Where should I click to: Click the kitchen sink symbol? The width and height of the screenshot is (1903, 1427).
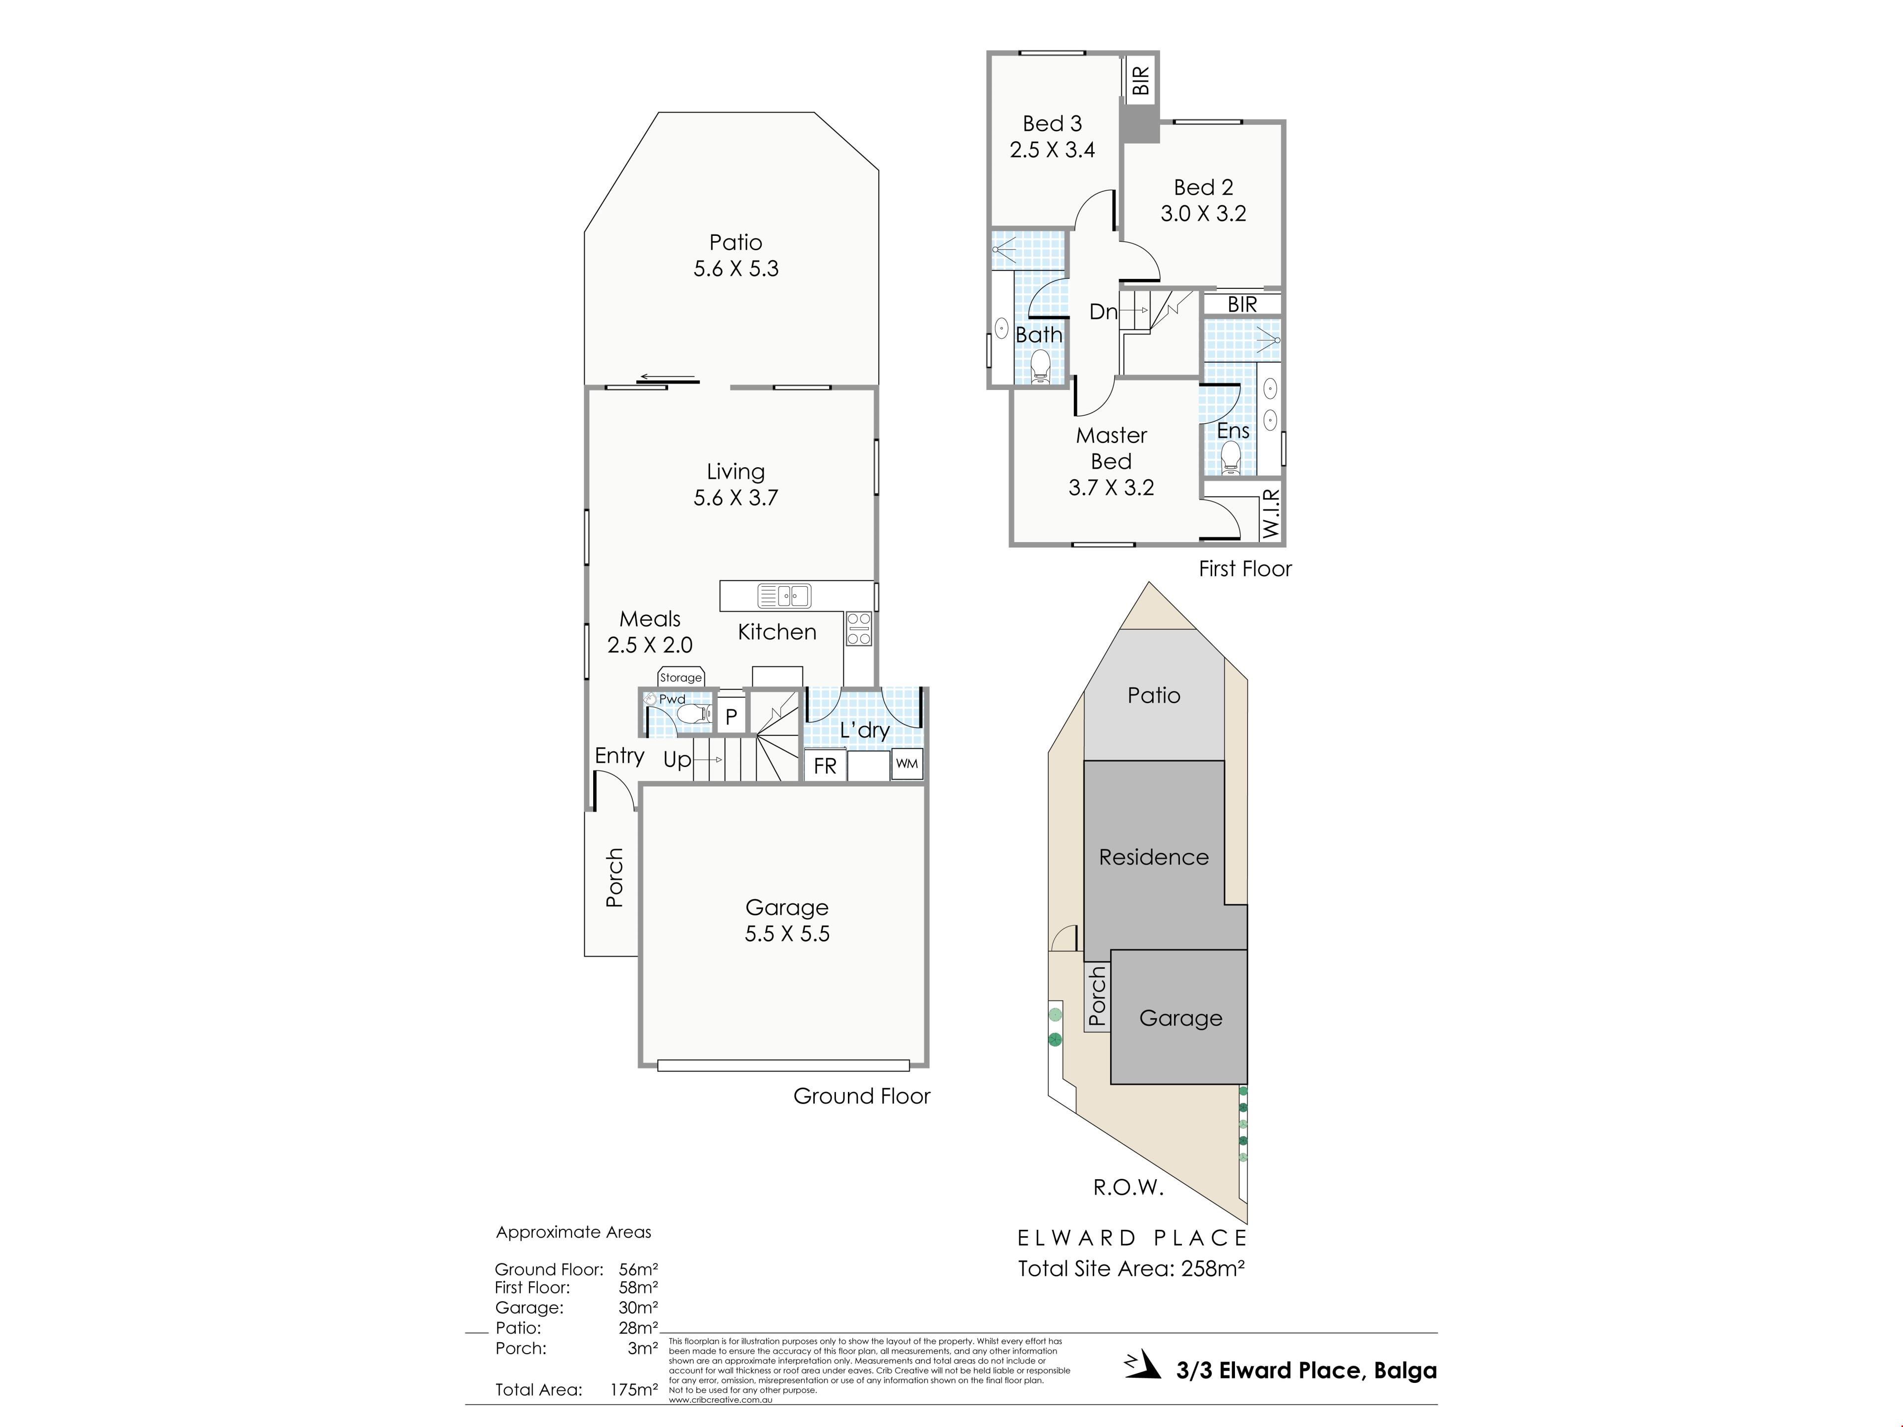[x=784, y=595]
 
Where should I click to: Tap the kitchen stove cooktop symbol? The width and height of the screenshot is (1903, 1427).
[x=859, y=628]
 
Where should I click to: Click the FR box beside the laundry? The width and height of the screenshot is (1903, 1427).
[x=825, y=765]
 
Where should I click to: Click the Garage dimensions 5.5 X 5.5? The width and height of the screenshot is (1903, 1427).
[x=787, y=934]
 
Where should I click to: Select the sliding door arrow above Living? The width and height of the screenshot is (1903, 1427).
[x=667, y=377]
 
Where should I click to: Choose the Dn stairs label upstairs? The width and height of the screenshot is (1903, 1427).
[x=1104, y=311]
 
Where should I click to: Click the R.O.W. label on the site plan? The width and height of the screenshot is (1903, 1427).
[x=1128, y=1188]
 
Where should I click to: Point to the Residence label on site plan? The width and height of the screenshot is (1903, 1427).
[x=1154, y=857]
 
